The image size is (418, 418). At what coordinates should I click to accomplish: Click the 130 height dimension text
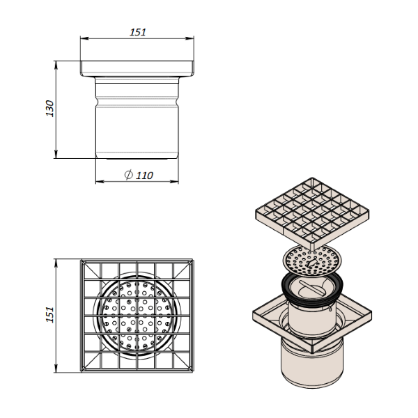(49, 109)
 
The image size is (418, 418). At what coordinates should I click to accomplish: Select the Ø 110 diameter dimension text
(139, 176)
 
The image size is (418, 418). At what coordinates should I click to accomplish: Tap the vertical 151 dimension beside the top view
(49, 316)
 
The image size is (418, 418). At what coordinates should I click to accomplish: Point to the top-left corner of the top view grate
(82, 261)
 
